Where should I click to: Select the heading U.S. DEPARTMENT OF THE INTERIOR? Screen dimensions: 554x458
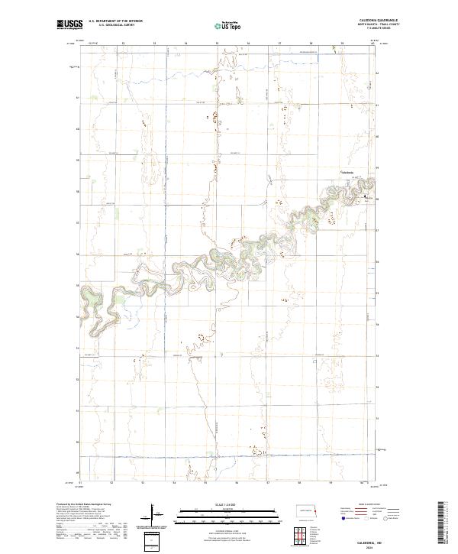point(115,21)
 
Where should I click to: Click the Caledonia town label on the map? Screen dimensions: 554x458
point(348,171)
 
